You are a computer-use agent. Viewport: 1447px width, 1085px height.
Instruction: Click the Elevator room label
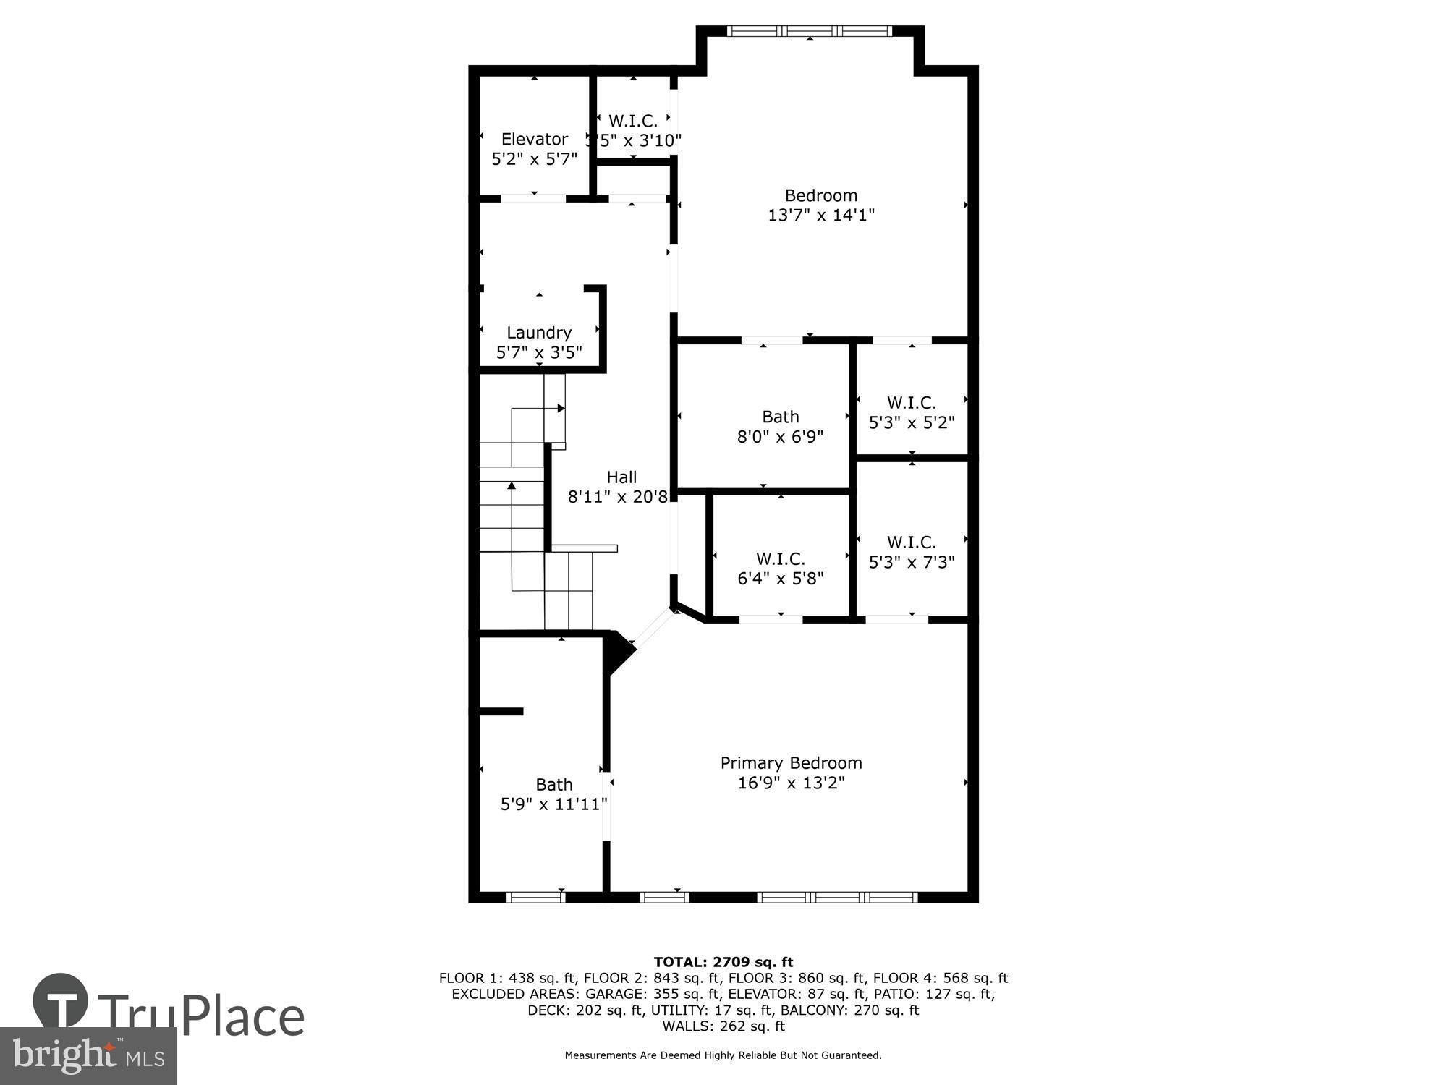(x=535, y=139)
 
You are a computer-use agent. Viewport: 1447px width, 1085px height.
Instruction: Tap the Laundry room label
(x=539, y=333)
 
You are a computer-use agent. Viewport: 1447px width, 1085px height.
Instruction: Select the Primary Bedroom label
(x=791, y=763)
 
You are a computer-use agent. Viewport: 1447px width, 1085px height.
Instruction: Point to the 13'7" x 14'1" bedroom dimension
(x=821, y=215)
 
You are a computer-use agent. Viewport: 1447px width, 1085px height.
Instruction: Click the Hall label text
(x=621, y=477)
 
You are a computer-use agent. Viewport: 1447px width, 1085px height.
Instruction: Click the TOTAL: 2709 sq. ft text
(x=723, y=962)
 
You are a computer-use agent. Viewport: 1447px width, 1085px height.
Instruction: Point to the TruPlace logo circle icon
(x=61, y=1001)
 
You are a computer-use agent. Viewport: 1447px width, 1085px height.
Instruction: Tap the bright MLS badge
(x=88, y=1056)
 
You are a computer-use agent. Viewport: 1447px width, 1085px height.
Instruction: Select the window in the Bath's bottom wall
(x=535, y=898)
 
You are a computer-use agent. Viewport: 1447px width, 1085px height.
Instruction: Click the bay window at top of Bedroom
(x=810, y=31)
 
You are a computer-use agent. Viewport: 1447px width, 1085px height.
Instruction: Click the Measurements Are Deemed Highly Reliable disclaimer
(x=723, y=1055)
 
